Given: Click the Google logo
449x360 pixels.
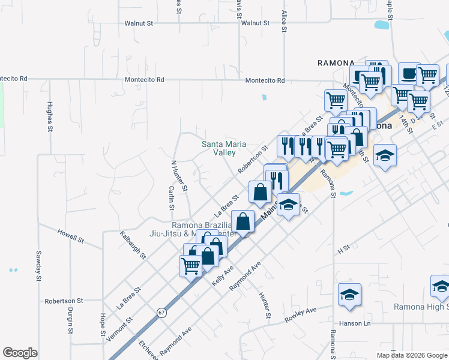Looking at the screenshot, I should pyautogui.click(x=20, y=353).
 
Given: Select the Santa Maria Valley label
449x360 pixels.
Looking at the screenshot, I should pyautogui.click(x=218, y=148).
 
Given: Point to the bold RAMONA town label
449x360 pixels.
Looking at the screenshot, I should pyautogui.click(x=337, y=62).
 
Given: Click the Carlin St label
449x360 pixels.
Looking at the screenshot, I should pyautogui.click(x=171, y=198).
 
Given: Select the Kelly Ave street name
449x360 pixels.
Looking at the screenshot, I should pyautogui.click(x=221, y=275).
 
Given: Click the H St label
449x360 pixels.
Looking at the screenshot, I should pyautogui.click(x=343, y=247).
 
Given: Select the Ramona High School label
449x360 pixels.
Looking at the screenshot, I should pyautogui.click(x=421, y=307).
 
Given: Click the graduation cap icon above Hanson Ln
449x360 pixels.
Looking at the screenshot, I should pyautogui.click(x=349, y=294).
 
